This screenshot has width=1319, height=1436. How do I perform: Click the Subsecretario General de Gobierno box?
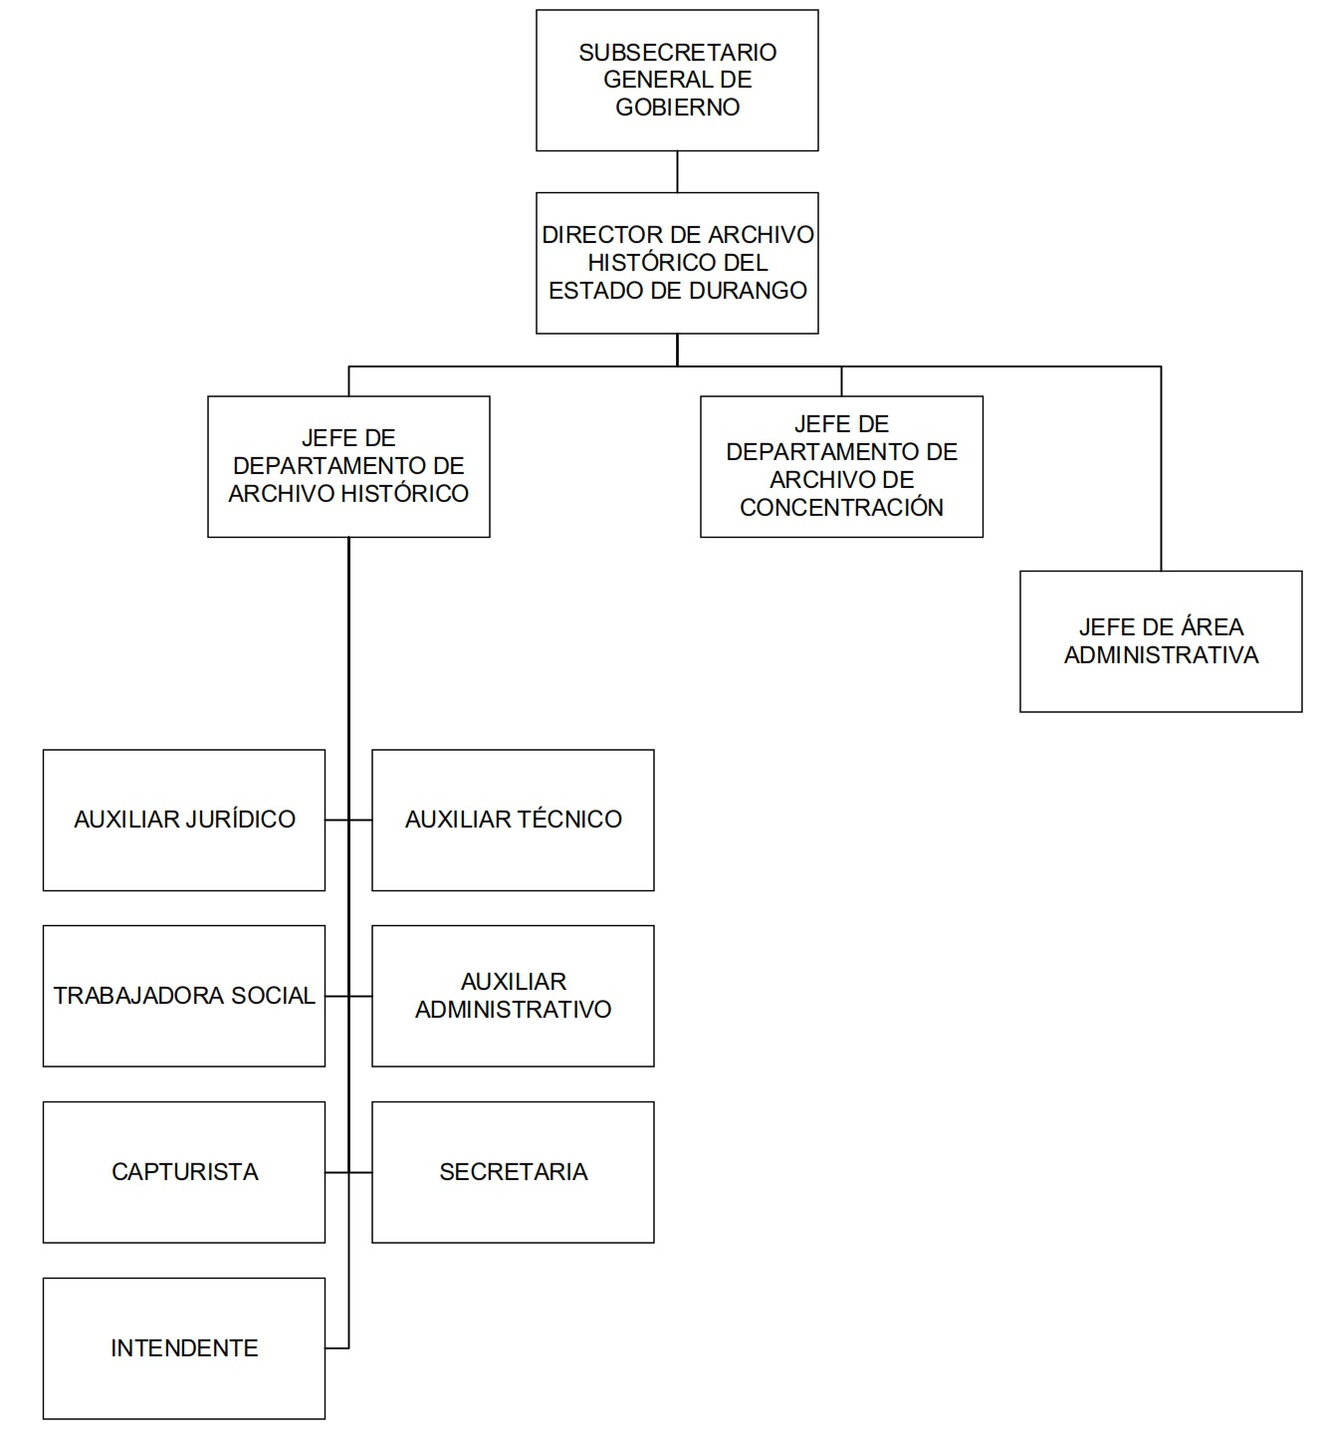coord(677,81)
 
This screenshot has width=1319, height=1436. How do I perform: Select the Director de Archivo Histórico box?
coord(677,263)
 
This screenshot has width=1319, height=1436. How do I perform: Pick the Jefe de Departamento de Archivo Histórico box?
coord(348,467)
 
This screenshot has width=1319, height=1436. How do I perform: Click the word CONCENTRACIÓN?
coord(841,508)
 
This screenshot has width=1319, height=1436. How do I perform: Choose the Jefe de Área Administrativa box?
coord(1161,641)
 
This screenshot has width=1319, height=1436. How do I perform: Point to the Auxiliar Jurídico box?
coord(184,820)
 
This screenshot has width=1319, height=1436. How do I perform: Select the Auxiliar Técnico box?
coord(513,820)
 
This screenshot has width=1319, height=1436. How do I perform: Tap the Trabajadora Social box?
coord(184,996)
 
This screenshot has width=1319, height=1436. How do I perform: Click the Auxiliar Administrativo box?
coord(513,996)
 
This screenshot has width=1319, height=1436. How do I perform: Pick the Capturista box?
coord(184,1172)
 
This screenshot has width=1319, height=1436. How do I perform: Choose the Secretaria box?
coord(513,1172)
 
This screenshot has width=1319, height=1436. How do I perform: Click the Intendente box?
coord(184,1348)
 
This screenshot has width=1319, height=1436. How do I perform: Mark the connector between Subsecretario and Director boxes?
coord(677,172)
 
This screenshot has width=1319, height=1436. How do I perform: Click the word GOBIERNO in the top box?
coord(677,108)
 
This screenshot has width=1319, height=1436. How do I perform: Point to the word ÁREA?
coord(1209,627)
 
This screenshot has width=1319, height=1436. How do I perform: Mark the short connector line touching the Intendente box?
coord(337,1348)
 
